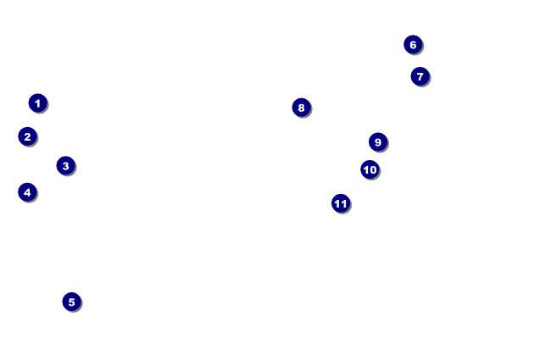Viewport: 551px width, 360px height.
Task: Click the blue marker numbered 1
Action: pyautogui.click(x=37, y=103)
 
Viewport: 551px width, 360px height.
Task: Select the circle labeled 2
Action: pyautogui.click(x=27, y=136)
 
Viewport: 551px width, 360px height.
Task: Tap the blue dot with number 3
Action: pyautogui.click(x=65, y=166)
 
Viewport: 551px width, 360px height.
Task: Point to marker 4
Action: pyautogui.click(x=27, y=192)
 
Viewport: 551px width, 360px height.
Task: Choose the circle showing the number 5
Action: pyautogui.click(x=71, y=302)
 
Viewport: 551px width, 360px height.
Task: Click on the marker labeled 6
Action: pyautogui.click(x=413, y=45)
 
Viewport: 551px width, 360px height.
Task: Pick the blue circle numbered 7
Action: pyautogui.click(x=420, y=76)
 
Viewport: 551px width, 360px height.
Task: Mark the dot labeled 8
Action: pyautogui.click(x=301, y=108)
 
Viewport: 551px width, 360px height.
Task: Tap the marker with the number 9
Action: pyautogui.click(x=378, y=142)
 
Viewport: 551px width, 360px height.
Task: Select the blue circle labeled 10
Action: pyautogui.click(x=370, y=169)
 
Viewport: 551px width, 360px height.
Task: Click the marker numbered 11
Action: pyautogui.click(x=341, y=203)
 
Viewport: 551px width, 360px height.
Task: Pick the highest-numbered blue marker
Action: pyautogui.click(x=341, y=203)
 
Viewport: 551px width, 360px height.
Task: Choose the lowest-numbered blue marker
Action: pyautogui.click(x=37, y=103)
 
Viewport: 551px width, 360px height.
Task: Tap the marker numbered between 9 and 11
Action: pyautogui.click(x=370, y=169)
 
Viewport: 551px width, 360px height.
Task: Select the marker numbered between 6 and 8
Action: pyautogui.click(x=420, y=76)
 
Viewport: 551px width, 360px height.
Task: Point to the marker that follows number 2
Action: pyautogui.click(x=65, y=166)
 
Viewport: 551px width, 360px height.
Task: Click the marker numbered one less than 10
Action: pyautogui.click(x=378, y=142)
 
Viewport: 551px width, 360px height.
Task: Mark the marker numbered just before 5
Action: pyautogui.click(x=27, y=192)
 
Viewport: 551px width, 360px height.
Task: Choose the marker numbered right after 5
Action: pyautogui.click(x=413, y=45)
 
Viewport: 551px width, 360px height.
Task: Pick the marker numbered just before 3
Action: pyautogui.click(x=27, y=136)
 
